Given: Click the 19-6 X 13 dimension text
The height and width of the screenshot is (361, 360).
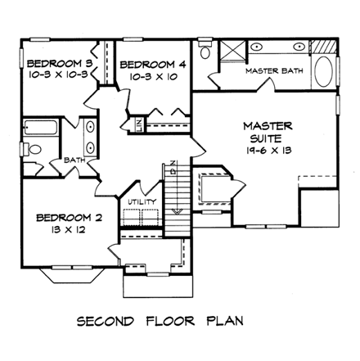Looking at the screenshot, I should pos(268,152).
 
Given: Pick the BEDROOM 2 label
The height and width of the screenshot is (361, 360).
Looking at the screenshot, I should pos(69,218).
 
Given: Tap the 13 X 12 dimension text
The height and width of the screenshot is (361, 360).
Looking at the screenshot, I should pos(69,232).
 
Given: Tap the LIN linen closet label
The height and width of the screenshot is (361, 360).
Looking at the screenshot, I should pos(138,125).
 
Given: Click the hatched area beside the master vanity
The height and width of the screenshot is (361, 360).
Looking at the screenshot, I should pos(325,46).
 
